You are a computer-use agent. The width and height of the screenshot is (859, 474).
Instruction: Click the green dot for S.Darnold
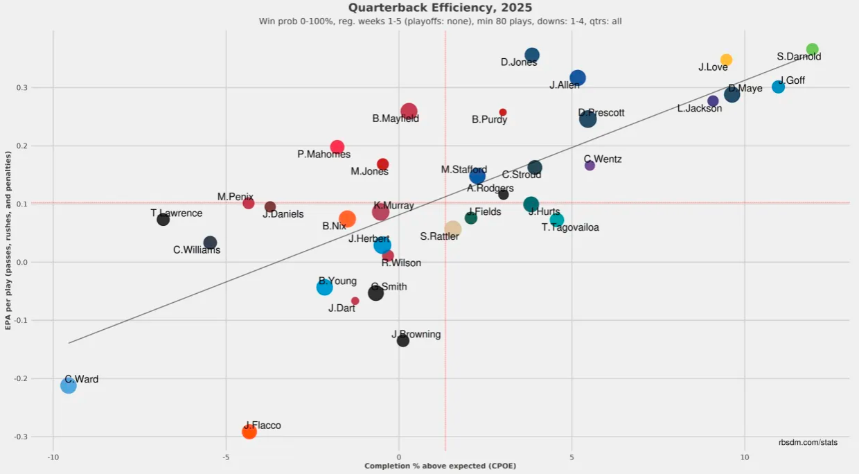tap(813, 49)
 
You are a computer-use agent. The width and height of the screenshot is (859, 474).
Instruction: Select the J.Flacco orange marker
tap(249, 432)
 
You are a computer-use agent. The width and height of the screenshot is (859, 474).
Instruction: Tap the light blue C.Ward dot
tap(68, 385)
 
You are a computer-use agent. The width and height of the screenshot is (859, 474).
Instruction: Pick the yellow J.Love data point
tap(726, 60)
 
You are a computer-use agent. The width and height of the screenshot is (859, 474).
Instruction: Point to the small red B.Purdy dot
tap(503, 112)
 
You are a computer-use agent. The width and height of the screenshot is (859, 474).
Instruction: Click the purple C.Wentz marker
tap(590, 166)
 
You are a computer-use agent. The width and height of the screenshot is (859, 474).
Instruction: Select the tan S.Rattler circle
tap(453, 229)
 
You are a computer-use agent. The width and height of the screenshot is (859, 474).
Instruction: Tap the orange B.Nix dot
tap(348, 219)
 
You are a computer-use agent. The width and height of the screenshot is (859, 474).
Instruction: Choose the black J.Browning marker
tap(403, 340)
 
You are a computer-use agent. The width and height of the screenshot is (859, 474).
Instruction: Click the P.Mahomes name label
tap(324, 155)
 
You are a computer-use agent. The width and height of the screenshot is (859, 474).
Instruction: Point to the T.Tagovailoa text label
tap(570, 227)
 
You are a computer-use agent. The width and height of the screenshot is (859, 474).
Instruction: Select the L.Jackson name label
tap(700, 109)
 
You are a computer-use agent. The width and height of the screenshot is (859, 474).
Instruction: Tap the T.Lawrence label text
tap(177, 213)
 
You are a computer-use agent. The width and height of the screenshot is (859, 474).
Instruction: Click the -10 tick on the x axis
tap(53, 458)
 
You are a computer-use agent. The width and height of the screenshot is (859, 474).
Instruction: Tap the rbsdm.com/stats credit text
tap(808, 442)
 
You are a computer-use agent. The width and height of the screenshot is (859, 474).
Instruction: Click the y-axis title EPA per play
tap(9, 242)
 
